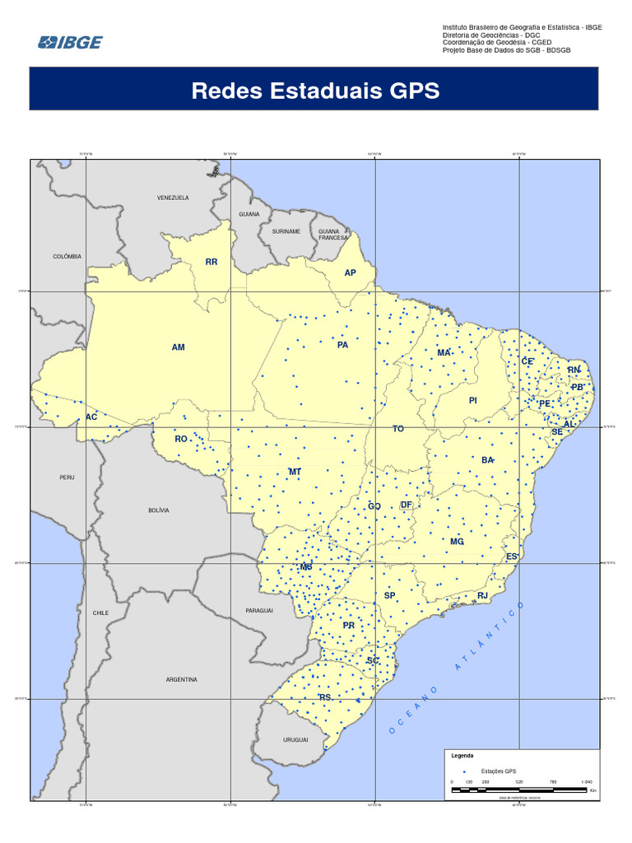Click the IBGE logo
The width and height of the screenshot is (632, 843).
coord(70,42)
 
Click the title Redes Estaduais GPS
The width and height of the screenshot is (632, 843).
coord(315,91)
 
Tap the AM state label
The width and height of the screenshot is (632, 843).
coord(179,347)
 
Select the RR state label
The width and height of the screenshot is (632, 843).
coord(211,262)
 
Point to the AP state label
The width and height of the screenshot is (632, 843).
coord(350,272)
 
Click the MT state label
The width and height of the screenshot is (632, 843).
coord(295,473)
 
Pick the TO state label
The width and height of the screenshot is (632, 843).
coord(398,429)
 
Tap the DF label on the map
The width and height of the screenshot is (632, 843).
coord(406,505)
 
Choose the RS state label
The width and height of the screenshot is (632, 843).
coord(325,697)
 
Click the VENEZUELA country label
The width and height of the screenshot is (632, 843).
coord(173,198)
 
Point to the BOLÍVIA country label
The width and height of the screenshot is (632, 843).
coord(158,510)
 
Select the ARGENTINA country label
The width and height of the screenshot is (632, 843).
coord(181,679)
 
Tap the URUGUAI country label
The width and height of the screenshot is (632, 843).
coord(295,739)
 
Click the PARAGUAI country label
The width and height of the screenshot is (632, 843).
coord(258,610)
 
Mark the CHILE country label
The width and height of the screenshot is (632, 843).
coord(100,612)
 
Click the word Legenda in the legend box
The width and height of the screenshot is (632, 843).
coord(462,755)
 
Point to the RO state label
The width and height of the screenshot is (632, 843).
coord(181,440)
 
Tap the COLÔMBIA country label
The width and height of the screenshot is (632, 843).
coord(67,256)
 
